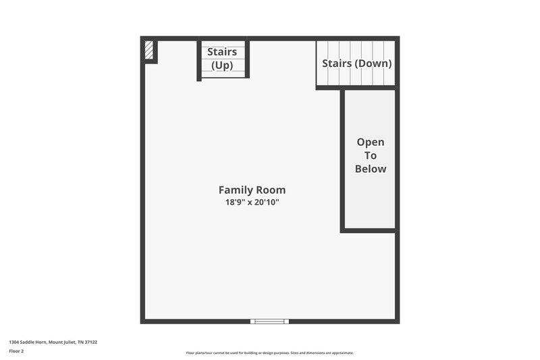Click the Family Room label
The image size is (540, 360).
tap(252, 190)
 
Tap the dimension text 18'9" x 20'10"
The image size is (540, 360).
tap(252, 202)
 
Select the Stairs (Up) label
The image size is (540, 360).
tap(222, 59)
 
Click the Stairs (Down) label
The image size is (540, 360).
tap(357, 63)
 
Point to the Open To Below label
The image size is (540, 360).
tap(371, 155)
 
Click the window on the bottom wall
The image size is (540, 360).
tap(269, 322)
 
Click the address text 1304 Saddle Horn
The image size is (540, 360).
tap(27, 342)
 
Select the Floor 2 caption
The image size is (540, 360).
tap(16, 351)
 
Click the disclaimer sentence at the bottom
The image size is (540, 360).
tap(269, 353)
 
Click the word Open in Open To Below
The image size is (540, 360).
tap(371, 142)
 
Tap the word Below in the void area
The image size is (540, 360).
tap(371, 169)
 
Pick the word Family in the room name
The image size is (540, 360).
tap(235, 190)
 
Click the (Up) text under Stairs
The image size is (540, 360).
tap(222, 66)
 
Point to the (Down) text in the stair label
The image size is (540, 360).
tap(374, 63)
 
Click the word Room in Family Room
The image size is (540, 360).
tap(270, 190)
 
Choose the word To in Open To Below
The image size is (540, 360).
tap(371, 155)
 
